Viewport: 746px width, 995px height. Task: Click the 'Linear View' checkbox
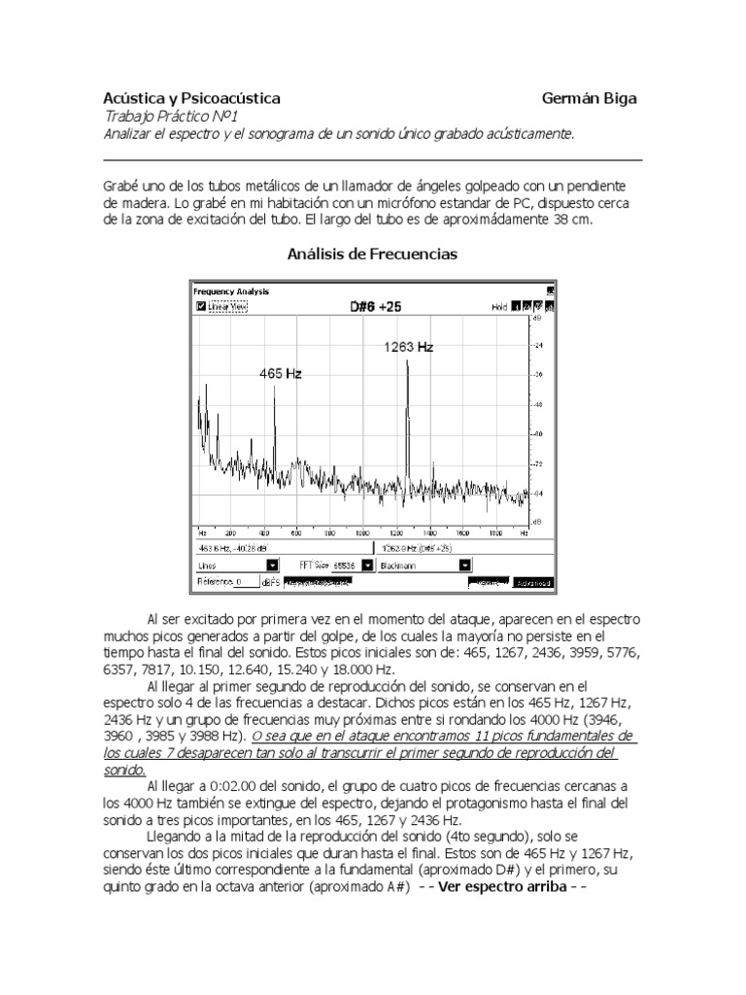pos(200,306)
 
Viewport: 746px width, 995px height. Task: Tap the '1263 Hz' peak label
pos(408,347)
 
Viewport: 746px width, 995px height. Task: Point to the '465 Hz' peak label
pos(280,373)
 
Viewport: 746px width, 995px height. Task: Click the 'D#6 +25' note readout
pos(375,306)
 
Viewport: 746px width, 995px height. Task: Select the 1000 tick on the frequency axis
pos(361,533)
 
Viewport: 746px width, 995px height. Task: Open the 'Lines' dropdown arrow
pos(272,564)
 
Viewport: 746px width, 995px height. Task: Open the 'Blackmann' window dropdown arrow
pos(465,564)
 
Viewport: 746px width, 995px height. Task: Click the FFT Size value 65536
pos(344,564)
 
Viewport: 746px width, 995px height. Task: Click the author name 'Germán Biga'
pos(590,99)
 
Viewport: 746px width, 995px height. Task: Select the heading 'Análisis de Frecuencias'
pos(373,255)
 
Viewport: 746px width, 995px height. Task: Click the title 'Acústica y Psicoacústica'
pos(192,99)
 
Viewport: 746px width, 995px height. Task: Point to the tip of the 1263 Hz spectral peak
pos(407,361)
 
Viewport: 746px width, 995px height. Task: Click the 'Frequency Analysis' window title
pos(231,291)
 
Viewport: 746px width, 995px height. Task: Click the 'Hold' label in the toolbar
pos(499,306)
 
